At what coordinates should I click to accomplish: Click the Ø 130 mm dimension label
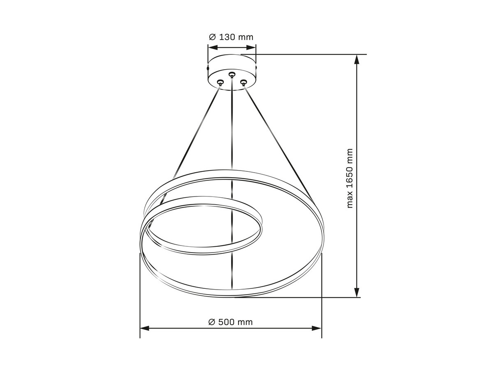(x=231, y=37)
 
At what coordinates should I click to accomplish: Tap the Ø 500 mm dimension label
(x=231, y=322)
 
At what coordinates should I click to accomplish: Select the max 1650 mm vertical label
(x=349, y=178)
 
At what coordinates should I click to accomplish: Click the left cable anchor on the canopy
(x=220, y=82)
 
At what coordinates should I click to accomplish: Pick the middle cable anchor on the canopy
(x=231, y=74)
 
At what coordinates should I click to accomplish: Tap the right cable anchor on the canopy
(x=243, y=82)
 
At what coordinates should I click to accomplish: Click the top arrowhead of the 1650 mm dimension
(x=356, y=59)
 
